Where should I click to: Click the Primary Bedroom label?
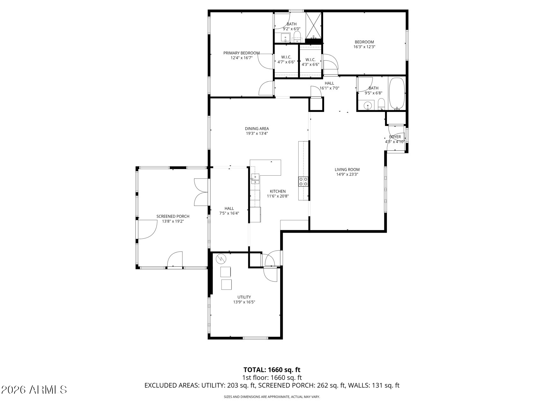point(241,53)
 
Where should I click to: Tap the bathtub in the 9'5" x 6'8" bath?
point(397,93)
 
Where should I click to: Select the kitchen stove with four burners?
point(303,182)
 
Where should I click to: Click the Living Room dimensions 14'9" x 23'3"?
point(347,174)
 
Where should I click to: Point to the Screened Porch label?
point(173,216)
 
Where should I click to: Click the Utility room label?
point(244,297)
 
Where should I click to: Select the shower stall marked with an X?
point(314,25)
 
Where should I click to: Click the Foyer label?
point(395,137)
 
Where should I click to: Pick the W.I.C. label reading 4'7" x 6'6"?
point(286,60)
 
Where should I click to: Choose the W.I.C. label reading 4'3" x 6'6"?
point(310,62)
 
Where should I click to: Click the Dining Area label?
point(257,129)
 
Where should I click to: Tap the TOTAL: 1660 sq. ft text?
point(272,370)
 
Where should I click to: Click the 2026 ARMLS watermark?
point(34,390)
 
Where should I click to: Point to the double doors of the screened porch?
point(201,192)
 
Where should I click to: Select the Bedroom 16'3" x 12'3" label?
point(364,44)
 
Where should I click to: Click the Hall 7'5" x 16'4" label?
point(229,211)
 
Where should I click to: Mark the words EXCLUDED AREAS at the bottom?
point(172,385)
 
